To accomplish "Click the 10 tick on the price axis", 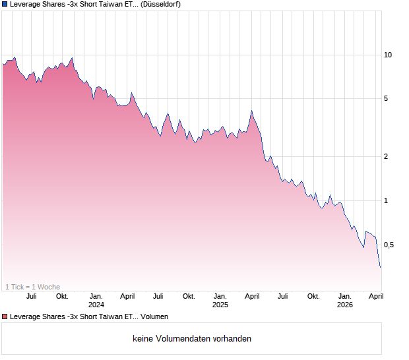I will (x=388, y=55).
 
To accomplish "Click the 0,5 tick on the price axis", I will (x=389, y=245).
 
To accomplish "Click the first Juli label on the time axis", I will (x=31, y=296).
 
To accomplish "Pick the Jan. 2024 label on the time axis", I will (x=96, y=296).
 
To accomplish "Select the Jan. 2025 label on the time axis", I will (x=220, y=296).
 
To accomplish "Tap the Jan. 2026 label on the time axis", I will (x=344, y=296).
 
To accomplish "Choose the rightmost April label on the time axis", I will (x=375, y=296).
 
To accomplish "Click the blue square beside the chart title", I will (x=5, y=5).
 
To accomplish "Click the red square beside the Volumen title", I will (x=5, y=316).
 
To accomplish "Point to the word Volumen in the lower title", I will (x=154, y=316).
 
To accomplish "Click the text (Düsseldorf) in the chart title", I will (x=162, y=5).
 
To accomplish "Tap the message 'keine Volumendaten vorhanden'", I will (x=192, y=339).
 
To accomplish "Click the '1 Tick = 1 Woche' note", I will (x=32, y=287).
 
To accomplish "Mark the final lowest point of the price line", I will (x=381, y=267).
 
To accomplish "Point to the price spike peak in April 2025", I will (x=251, y=111).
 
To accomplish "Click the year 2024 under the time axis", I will (x=96, y=305).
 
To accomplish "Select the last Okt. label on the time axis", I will (x=313, y=296).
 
